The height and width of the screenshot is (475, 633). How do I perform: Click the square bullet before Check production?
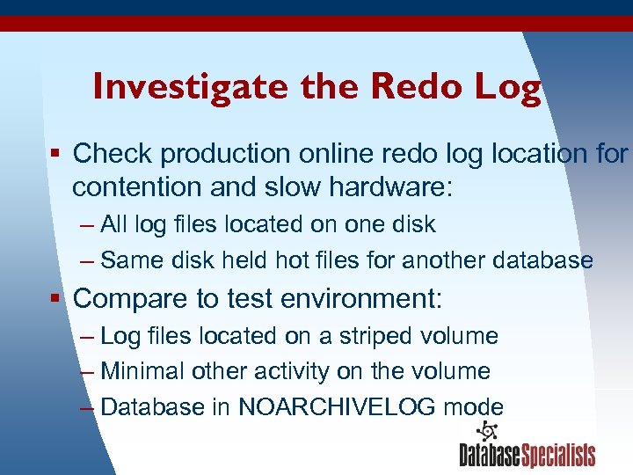click(x=55, y=153)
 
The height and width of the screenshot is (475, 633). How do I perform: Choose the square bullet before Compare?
click(x=55, y=298)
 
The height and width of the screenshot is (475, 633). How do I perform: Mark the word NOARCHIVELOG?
click(x=341, y=407)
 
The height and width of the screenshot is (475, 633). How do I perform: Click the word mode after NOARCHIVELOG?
click(x=474, y=407)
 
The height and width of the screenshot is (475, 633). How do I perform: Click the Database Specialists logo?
click(x=527, y=445)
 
